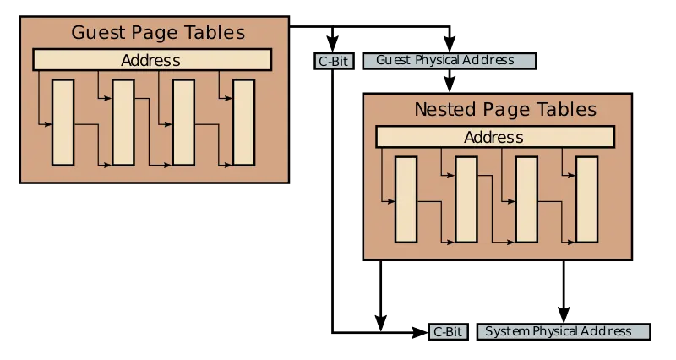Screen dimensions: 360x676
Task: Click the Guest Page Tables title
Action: tap(157, 33)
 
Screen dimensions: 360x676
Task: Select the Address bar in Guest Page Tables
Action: tap(151, 60)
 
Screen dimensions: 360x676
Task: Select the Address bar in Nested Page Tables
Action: tap(493, 137)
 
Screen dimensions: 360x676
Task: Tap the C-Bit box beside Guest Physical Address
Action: tap(333, 61)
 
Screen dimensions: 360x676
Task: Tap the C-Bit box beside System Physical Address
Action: tap(447, 332)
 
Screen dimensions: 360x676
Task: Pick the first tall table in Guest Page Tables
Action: tap(63, 122)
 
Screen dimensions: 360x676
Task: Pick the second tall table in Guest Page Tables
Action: tap(123, 122)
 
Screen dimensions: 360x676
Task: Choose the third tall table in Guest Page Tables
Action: tap(183, 122)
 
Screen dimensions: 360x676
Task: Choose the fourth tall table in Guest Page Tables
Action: tap(243, 122)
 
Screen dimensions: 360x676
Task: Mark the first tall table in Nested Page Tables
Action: tap(406, 199)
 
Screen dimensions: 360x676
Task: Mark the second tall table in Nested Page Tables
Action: tap(466, 199)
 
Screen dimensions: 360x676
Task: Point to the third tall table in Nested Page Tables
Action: tap(526, 199)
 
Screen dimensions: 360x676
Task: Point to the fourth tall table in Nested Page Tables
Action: tap(586, 199)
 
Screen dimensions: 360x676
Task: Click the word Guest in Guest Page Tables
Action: tap(97, 33)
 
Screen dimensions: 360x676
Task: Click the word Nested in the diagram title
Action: tap(444, 110)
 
